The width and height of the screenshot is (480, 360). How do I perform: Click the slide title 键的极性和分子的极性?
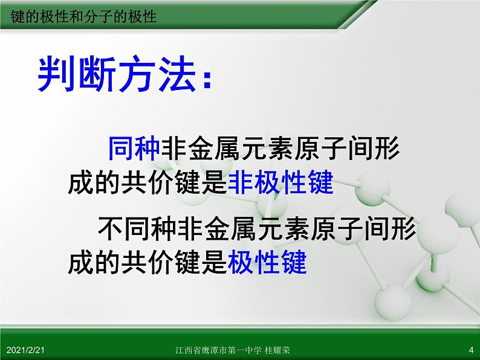(83, 16)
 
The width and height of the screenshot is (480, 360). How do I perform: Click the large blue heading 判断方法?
(117, 74)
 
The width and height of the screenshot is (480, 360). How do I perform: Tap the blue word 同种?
(134, 149)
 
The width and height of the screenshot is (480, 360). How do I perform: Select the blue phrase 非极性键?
(281, 182)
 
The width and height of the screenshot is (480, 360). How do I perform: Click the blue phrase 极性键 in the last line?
(267, 262)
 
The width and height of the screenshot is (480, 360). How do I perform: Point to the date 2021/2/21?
(25, 350)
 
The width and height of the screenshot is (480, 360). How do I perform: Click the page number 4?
(471, 350)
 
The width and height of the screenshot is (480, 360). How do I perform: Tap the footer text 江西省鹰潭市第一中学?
(219, 350)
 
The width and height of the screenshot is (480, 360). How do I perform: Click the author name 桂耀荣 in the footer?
(277, 350)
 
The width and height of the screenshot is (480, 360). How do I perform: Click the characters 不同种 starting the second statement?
(137, 229)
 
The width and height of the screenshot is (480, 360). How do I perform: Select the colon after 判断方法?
(207, 80)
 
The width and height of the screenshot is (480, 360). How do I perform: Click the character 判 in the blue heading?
(56, 74)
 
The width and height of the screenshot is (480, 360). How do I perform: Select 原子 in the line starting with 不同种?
(337, 229)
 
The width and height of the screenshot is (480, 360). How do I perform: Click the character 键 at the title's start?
(18, 16)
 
